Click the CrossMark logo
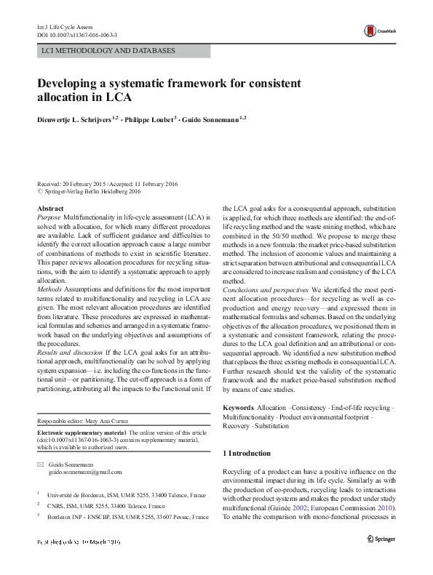(381, 30)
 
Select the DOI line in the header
(76, 34)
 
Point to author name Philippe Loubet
(146, 119)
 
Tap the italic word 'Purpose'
(49, 217)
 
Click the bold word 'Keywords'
(238, 409)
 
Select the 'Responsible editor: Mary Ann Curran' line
(85, 422)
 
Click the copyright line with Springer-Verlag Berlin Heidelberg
(92, 192)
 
